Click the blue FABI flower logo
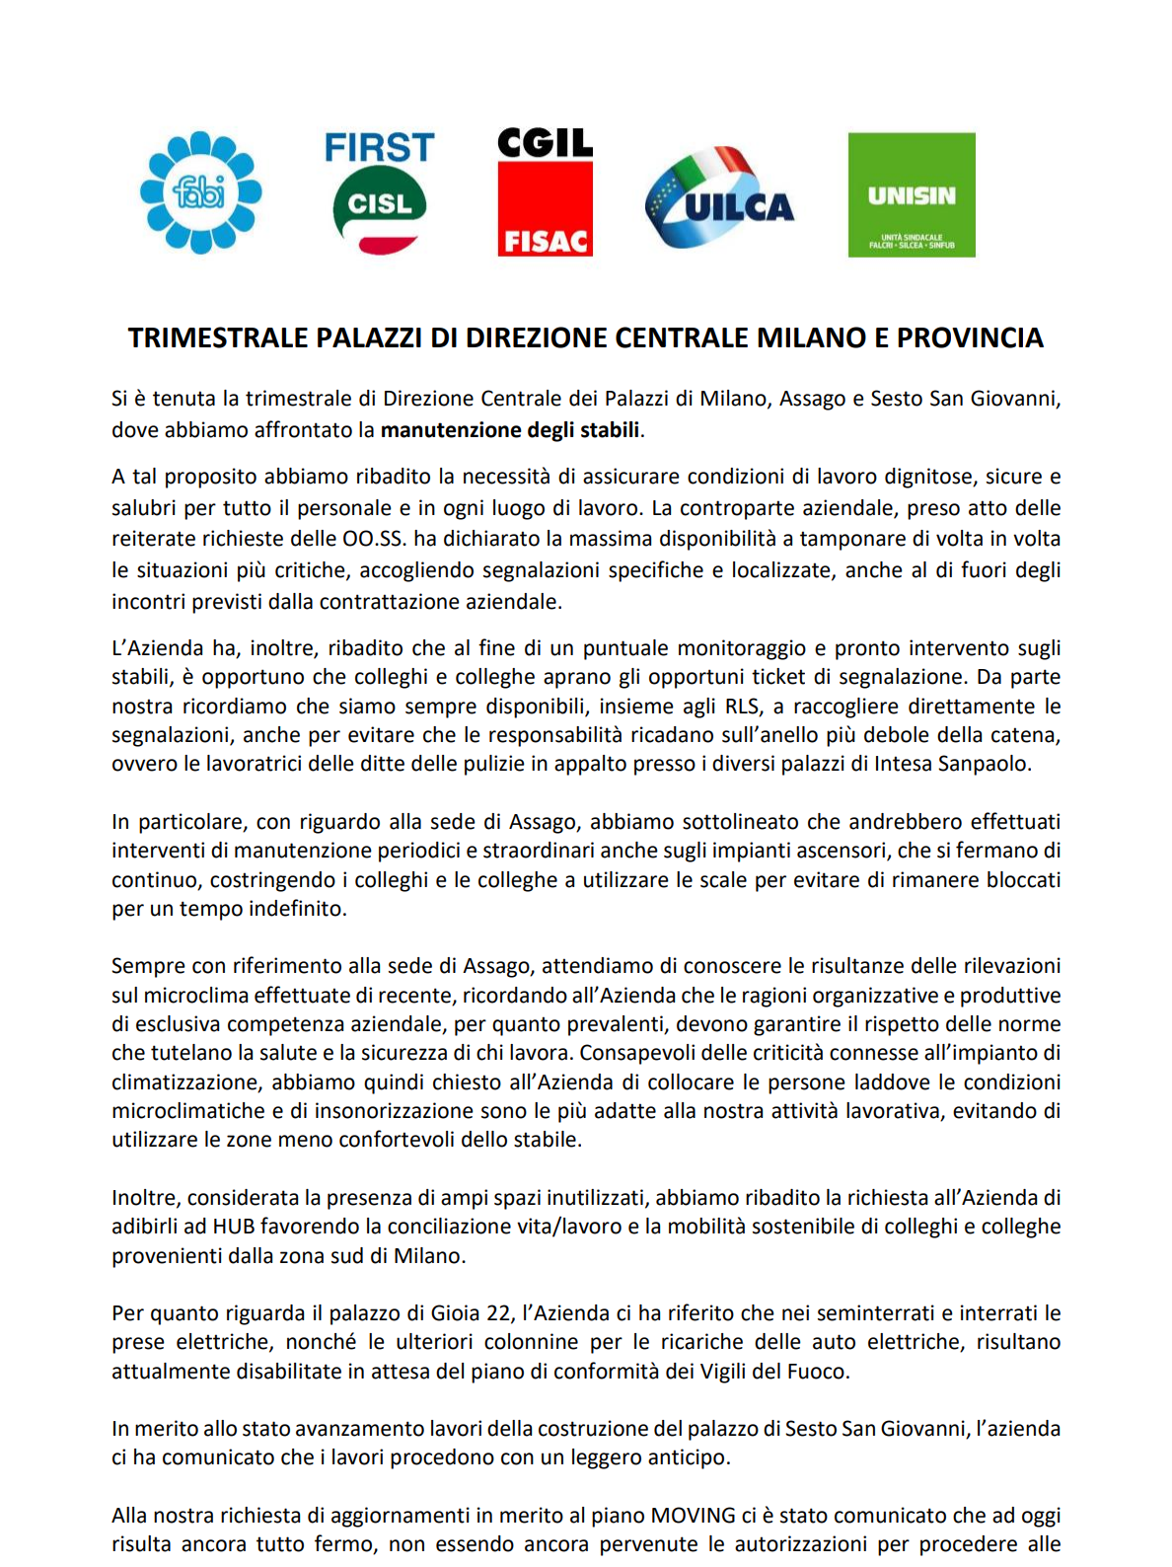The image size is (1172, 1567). point(201,192)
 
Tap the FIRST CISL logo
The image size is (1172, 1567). point(380,192)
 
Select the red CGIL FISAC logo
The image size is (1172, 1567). point(545,192)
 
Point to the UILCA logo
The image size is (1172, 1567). point(719,195)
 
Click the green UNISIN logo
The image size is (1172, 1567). point(912,195)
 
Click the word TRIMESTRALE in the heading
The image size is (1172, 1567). point(218,338)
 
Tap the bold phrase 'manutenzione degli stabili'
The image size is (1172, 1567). point(510,430)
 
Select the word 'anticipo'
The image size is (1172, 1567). point(688,1457)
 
